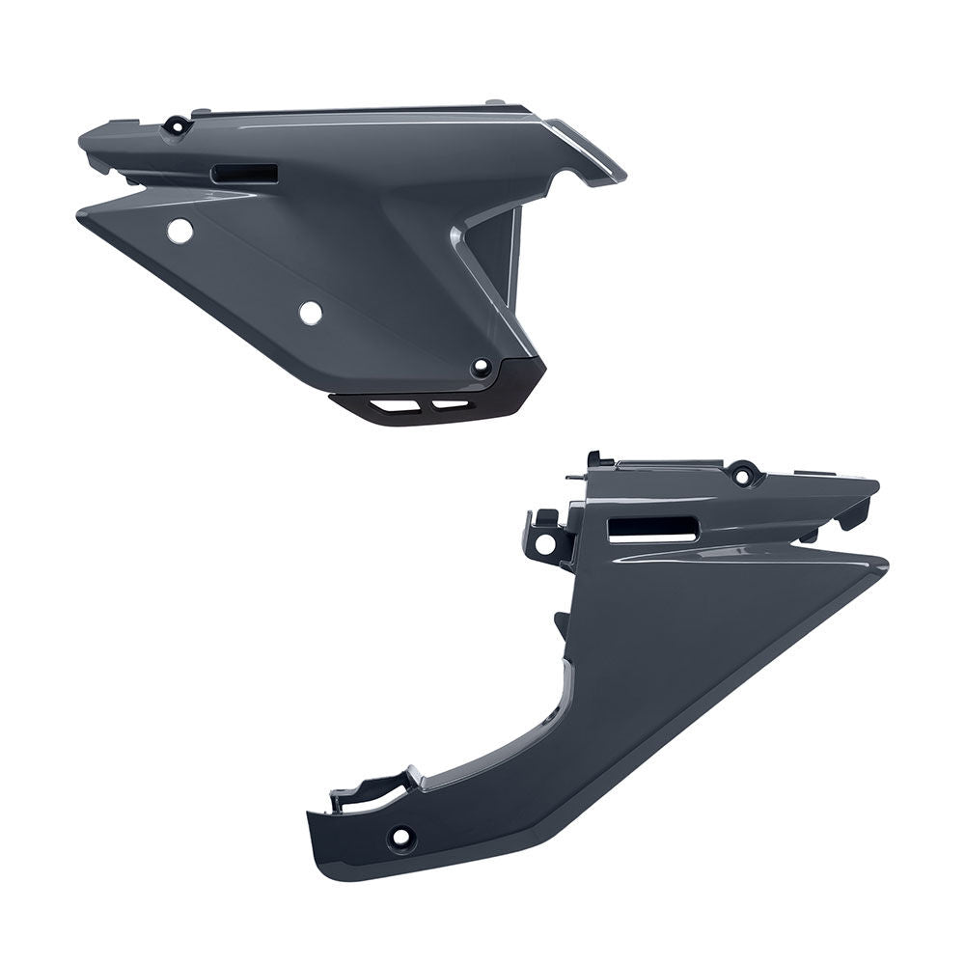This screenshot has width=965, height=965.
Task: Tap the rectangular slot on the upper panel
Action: [x=245, y=174]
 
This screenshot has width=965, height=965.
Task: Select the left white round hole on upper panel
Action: [x=179, y=231]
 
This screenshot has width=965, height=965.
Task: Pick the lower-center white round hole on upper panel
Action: [x=310, y=313]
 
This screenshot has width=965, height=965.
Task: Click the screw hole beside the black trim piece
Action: [x=480, y=368]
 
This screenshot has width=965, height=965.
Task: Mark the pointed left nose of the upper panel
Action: [x=83, y=138]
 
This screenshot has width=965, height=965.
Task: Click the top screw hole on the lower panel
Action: [x=743, y=475]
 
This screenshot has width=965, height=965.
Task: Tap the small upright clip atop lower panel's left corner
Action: [x=594, y=459]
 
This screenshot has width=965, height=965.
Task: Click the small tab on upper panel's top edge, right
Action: [x=494, y=101]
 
